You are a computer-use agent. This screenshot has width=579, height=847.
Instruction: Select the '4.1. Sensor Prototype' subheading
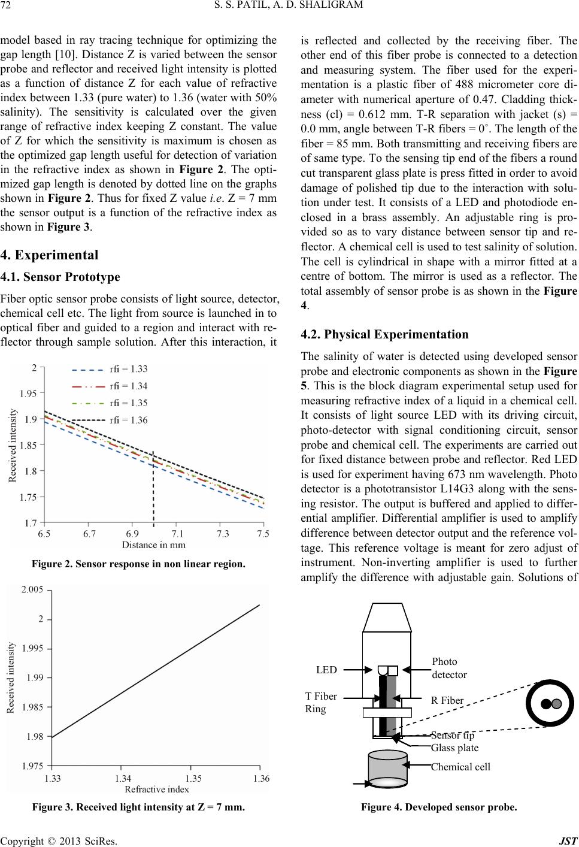click(x=60, y=277)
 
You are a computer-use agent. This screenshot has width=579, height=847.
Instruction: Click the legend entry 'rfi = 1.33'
click(x=129, y=369)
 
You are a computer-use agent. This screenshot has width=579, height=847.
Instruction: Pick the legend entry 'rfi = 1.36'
click(x=129, y=420)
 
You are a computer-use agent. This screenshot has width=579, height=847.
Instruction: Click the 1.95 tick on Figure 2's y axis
click(x=28, y=394)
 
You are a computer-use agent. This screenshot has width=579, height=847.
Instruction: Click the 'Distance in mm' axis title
click(x=154, y=544)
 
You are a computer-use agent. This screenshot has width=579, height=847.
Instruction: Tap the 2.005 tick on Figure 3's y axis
click(x=32, y=590)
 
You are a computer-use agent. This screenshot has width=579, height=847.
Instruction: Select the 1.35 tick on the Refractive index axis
click(x=193, y=778)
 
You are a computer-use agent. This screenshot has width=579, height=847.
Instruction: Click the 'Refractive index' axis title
click(x=157, y=789)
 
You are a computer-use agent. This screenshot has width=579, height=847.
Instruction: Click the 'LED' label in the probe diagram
click(x=327, y=669)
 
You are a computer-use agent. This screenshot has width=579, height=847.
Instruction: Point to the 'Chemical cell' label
click(x=460, y=767)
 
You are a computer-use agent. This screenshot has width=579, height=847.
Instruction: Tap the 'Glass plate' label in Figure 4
click(x=454, y=748)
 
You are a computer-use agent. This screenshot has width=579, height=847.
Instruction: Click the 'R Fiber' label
click(x=447, y=699)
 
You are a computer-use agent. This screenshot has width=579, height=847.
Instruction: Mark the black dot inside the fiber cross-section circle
click(x=545, y=704)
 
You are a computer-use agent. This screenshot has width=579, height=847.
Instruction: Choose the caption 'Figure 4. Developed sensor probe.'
click(x=438, y=807)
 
